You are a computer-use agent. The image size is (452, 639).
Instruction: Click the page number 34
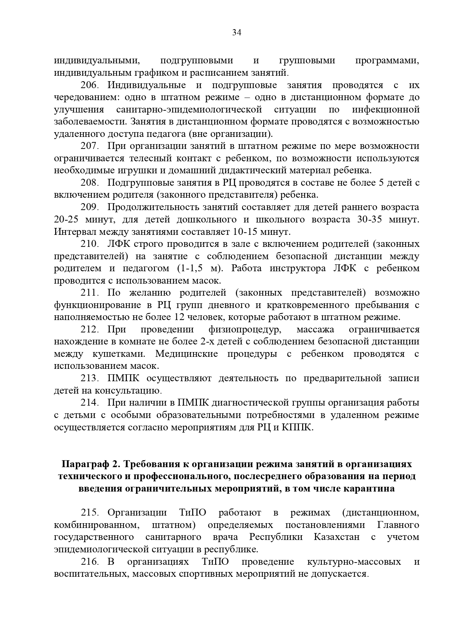(237, 33)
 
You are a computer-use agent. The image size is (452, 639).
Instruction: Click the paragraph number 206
(90, 85)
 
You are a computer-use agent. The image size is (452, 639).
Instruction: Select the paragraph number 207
(90, 146)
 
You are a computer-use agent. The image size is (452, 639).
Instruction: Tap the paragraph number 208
(90, 183)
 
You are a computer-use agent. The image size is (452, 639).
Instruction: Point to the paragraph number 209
(90, 207)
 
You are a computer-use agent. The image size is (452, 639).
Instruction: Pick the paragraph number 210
(90, 244)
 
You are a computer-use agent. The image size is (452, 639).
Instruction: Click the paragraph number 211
(90, 293)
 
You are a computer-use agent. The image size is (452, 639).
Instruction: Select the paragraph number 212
(90, 330)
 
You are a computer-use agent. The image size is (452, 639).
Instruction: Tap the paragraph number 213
(90, 378)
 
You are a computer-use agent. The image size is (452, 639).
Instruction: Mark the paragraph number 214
(90, 403)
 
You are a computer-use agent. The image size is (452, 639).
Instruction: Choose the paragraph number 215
(90, 513)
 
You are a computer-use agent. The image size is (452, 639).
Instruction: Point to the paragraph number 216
(90, 561)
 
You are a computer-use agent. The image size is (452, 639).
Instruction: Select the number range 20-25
(66, 220)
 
